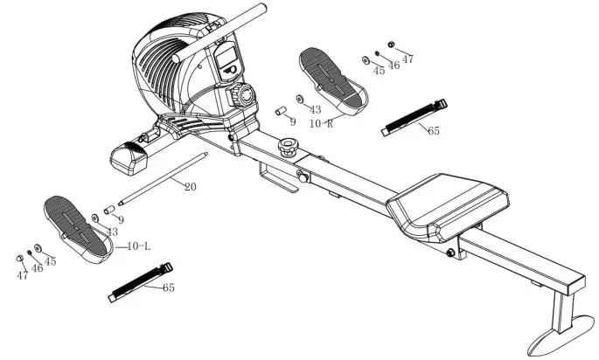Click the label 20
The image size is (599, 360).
189,185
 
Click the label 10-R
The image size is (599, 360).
322,124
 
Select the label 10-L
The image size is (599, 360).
139,246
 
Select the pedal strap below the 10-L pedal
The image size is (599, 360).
139,282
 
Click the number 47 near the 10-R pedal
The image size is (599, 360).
407,59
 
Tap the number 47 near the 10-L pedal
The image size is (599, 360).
22,274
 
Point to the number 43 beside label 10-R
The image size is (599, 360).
314,109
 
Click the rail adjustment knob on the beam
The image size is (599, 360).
286,145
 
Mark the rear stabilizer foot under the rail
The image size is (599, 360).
560,329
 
